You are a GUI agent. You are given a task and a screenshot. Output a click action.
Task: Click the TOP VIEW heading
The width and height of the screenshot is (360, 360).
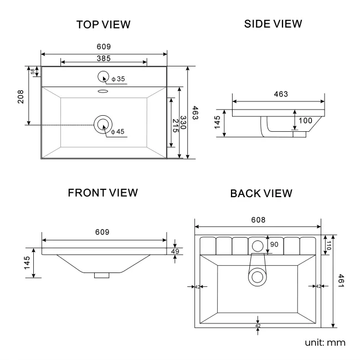(104, 24)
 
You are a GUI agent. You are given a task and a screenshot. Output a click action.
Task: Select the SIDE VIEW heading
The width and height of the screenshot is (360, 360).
(273, 24)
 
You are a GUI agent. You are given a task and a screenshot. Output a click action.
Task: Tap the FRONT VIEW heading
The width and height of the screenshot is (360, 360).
(102, 193)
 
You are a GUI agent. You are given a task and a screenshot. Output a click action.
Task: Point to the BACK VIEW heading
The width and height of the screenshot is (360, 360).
(261, 193)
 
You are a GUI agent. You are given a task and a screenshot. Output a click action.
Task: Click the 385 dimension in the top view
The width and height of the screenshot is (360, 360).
(104, 58)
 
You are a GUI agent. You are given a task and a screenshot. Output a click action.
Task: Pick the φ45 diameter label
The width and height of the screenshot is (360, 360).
(117, 132)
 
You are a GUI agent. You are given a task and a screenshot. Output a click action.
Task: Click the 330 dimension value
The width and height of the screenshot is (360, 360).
(183, 125)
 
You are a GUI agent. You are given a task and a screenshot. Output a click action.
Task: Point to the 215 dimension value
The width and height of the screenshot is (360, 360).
(174, 125)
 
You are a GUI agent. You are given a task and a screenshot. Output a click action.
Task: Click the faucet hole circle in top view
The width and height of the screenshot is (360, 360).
(104, 77)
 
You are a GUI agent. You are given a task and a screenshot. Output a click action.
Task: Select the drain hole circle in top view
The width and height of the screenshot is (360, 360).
(103, 125)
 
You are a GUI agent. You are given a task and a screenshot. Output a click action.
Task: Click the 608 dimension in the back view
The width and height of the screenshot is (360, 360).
(258, 220)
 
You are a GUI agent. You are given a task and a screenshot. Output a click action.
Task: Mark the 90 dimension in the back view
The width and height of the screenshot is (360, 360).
(274, 244)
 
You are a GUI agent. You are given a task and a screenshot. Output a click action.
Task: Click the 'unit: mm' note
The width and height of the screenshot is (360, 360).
(325, 342)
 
